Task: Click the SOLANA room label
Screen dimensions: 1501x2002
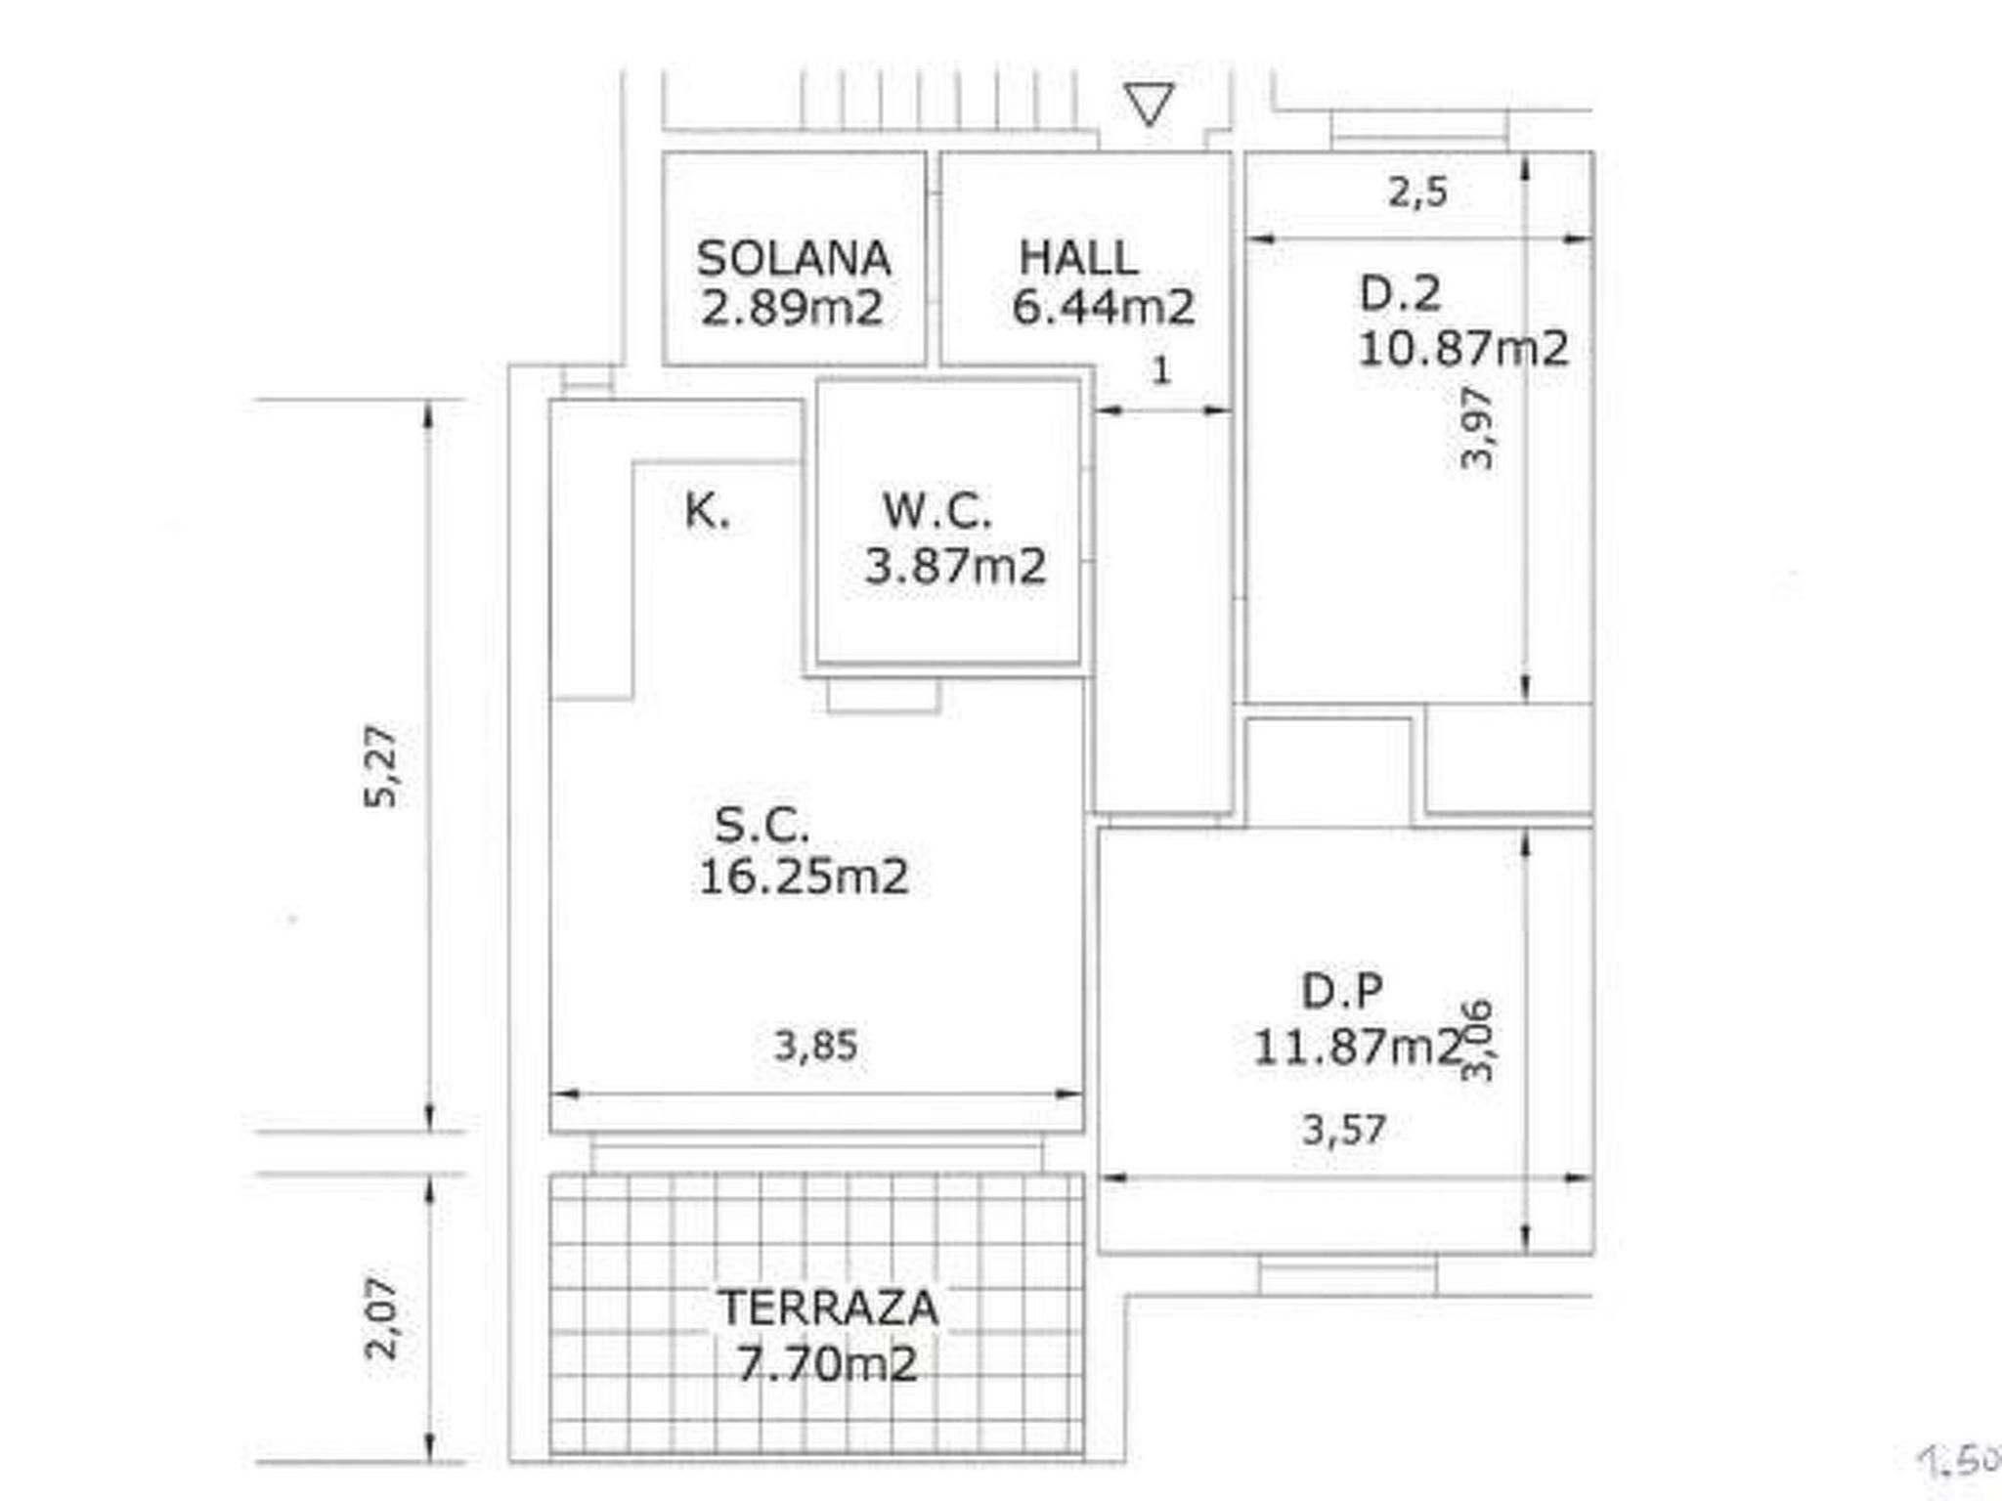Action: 793,259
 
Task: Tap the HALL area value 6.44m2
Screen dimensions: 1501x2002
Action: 1103,307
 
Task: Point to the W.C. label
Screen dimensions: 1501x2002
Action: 936,511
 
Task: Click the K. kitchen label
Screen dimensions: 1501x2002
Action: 707,511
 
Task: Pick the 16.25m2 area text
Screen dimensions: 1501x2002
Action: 804,877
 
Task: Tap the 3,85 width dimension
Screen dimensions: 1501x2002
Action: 816,1047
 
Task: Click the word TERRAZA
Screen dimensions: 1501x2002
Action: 829,1308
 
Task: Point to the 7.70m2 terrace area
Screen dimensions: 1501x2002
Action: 827,1364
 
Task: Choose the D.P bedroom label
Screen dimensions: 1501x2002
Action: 1342,992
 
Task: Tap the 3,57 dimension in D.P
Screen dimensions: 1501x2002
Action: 1344,1131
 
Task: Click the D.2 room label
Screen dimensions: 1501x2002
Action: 1400,293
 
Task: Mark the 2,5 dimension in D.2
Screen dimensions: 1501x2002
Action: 1417,192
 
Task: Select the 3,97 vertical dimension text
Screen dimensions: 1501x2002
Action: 1477,428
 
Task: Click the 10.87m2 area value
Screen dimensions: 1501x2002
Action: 1462,349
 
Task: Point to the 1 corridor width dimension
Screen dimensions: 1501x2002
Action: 1161,370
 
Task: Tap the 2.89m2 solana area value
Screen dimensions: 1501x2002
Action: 793,308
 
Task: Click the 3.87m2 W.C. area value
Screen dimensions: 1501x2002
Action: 955,566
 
